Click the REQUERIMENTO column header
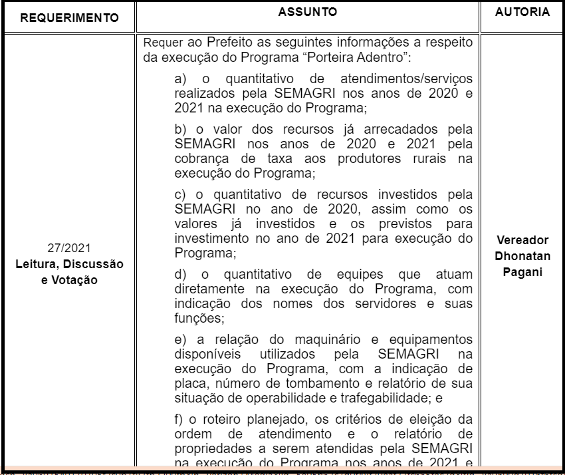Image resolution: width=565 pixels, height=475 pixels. pyautogui.click(x=70, y=17)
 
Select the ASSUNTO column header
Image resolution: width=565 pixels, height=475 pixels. pyautogui.click(x=307, y=12)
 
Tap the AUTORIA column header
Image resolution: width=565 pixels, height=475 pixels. pyautogui.click(x=522, y=12)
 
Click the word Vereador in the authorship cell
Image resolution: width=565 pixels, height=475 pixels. pyautogui.click(x=522, y=240)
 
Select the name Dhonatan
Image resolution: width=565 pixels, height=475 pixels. pyautogui.click(x=522, y=256)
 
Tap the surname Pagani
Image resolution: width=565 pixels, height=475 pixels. pyautogui.click(x=522, y=272)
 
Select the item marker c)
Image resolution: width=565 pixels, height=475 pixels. pyautogui.click(x=181, y=195)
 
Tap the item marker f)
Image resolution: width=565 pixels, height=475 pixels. pyautogui.click(x=179, y=419)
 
